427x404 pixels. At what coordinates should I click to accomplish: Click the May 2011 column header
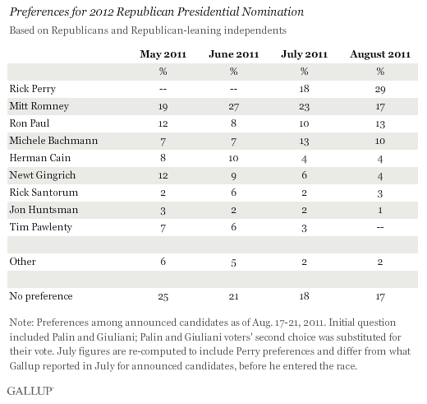point(163,54)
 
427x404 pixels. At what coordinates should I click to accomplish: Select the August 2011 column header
point(380,54)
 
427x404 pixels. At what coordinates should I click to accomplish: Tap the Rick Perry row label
point(33,89)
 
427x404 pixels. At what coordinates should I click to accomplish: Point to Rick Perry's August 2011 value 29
point(380,90)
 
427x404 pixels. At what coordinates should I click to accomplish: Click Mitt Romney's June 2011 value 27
point(233,106)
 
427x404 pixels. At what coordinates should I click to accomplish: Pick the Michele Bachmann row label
point(53,141)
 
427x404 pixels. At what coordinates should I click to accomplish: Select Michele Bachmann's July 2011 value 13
point(304,141)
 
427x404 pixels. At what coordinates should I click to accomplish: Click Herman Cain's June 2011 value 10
point(233,158)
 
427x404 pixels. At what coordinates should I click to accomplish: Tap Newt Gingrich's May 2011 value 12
point(163,175)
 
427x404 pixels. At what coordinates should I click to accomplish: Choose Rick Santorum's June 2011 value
point(233,193)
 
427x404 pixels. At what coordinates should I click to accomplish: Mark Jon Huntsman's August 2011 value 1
point(380,210)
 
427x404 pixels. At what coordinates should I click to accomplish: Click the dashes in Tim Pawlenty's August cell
point(380,227)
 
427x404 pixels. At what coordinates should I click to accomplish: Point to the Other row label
point(22,262)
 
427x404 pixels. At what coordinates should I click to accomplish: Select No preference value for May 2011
point(163,296)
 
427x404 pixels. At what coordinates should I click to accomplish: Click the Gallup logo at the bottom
point(30,391)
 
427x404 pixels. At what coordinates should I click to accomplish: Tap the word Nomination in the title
point(273,12)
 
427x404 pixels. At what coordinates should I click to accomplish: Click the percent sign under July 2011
point(304,72)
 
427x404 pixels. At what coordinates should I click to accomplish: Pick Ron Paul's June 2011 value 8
point(233,123)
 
